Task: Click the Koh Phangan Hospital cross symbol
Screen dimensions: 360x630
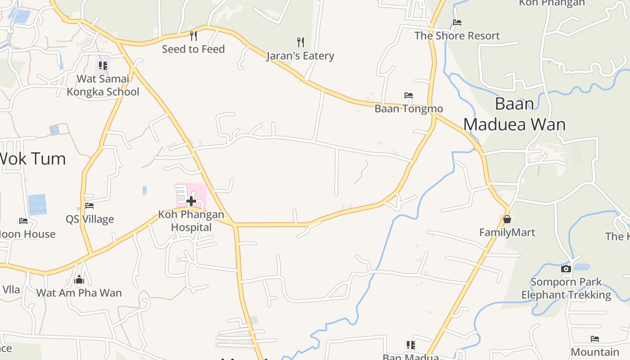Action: click(191, 201)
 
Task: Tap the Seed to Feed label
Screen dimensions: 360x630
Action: click(193, 49)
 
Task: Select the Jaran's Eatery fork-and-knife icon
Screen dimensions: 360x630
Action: click(301, 42)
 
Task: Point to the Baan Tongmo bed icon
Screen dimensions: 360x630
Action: click(409, 95)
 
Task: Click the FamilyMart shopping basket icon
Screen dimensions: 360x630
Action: click(507, 219)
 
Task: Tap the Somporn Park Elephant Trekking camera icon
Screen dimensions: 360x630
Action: click(566, 269)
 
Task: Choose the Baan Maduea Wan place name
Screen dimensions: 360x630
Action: click(514, 114)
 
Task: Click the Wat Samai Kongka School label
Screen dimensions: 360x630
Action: click(103, 85)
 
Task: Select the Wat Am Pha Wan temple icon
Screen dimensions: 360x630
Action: click(79, 279)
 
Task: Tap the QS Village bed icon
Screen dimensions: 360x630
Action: click(90, 206)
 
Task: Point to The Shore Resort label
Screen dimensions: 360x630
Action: click(457, 36)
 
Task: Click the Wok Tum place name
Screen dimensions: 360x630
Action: click(32, 159)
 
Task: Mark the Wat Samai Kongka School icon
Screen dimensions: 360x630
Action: click(103, 66)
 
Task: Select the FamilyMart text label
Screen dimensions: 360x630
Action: click(507, 233)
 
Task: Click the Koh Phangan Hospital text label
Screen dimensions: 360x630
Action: click(191, 220)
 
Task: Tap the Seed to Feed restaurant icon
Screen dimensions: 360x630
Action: click(193, 36)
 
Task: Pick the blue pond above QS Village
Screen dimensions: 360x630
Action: click(37, 205)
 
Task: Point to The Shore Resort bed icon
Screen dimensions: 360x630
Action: click(457, 22)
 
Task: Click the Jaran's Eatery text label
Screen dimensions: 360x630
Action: click(300, 56)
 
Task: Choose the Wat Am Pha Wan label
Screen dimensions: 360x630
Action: click(79, 293)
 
